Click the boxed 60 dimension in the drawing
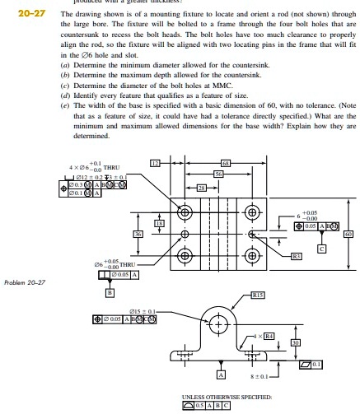pyautogui.click(x=348, y=234)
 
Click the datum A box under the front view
pyautogui.click(x=219, y=374)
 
